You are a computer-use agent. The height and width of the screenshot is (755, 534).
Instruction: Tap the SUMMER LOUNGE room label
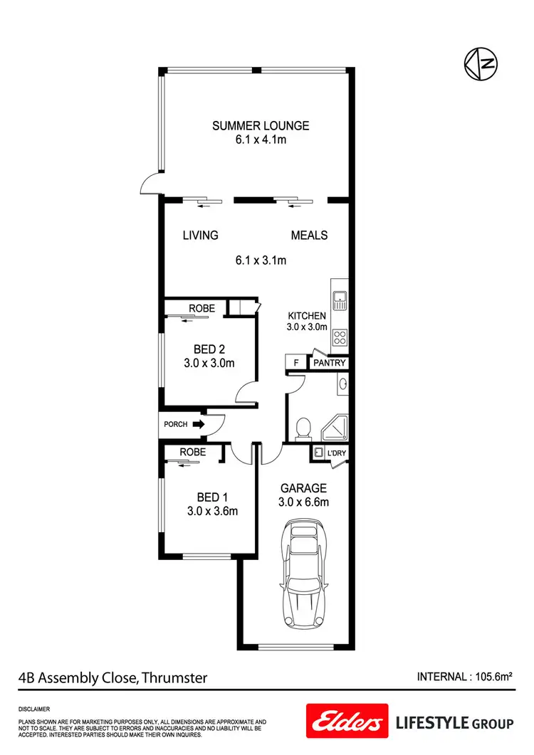click(261, 126)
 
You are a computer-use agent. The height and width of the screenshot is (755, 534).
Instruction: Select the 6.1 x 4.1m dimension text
click(261, 140)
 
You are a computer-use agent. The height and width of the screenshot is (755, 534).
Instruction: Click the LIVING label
click(200, 236)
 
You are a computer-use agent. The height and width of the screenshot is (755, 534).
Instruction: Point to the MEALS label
click(309, 236)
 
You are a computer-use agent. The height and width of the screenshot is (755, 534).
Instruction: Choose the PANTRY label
click(330, 363)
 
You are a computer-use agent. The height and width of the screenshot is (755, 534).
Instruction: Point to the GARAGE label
click(303, 488)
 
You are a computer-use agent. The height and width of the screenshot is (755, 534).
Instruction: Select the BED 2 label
click(209, 349)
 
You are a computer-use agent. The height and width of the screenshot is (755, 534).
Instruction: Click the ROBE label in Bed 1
click(192, 452)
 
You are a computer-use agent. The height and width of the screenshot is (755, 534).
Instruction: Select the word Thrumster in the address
click(174, 677)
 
